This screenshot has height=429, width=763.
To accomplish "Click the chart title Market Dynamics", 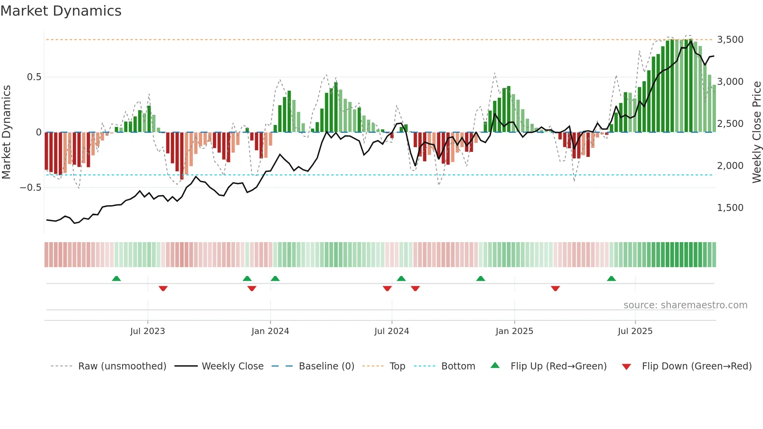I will [x=61, y=11].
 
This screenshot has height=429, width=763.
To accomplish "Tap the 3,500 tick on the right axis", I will [x=730, y=40].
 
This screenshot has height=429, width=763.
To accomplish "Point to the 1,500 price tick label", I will [x=730, y=208].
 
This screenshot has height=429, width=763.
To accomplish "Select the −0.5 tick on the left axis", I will [x=31, y=188].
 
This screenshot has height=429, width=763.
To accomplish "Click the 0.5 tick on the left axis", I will [x=34, y=77].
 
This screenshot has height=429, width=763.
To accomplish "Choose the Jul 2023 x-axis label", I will [x=148, y=331].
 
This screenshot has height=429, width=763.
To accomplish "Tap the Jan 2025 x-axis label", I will [x=514, y=331].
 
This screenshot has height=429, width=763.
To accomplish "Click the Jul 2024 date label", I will [x=392, y=331].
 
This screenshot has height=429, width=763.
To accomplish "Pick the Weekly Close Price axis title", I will [x=756, y=132].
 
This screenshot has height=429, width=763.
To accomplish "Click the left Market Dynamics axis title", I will [x=6, y=132].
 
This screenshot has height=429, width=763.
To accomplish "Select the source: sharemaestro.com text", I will [x=685, y=305].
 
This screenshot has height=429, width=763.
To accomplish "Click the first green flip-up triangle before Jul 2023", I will [x=116, y=278].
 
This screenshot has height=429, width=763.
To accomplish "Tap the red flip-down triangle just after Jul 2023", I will [x=163, y=288].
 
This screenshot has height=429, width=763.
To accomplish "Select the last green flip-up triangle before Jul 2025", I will [x=611, y=278].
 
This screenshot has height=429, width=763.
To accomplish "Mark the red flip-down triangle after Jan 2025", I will [x=556, y=288].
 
